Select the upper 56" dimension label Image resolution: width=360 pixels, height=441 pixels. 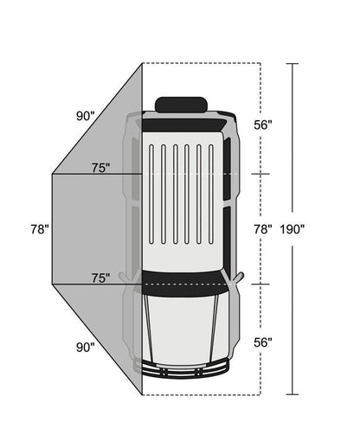pos(263,125)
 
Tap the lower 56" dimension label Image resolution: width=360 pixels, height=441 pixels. pos(263,342)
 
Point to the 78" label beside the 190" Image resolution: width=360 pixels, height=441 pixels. pos(263,229)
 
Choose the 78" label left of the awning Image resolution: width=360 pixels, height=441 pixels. pos(39,229)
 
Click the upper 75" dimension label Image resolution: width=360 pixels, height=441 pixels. pos(101,168)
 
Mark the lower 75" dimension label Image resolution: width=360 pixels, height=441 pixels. pos(101,278)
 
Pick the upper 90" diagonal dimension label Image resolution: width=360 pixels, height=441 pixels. pos(85,115)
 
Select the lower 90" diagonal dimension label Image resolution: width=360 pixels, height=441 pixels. pos(85,348)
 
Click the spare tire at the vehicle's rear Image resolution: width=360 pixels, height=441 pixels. pos(181,105)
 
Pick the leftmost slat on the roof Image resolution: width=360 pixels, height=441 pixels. pos(151,195)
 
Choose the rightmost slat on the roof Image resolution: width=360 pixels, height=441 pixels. pos(211,195)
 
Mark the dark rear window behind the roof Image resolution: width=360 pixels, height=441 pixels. pos(182,125)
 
